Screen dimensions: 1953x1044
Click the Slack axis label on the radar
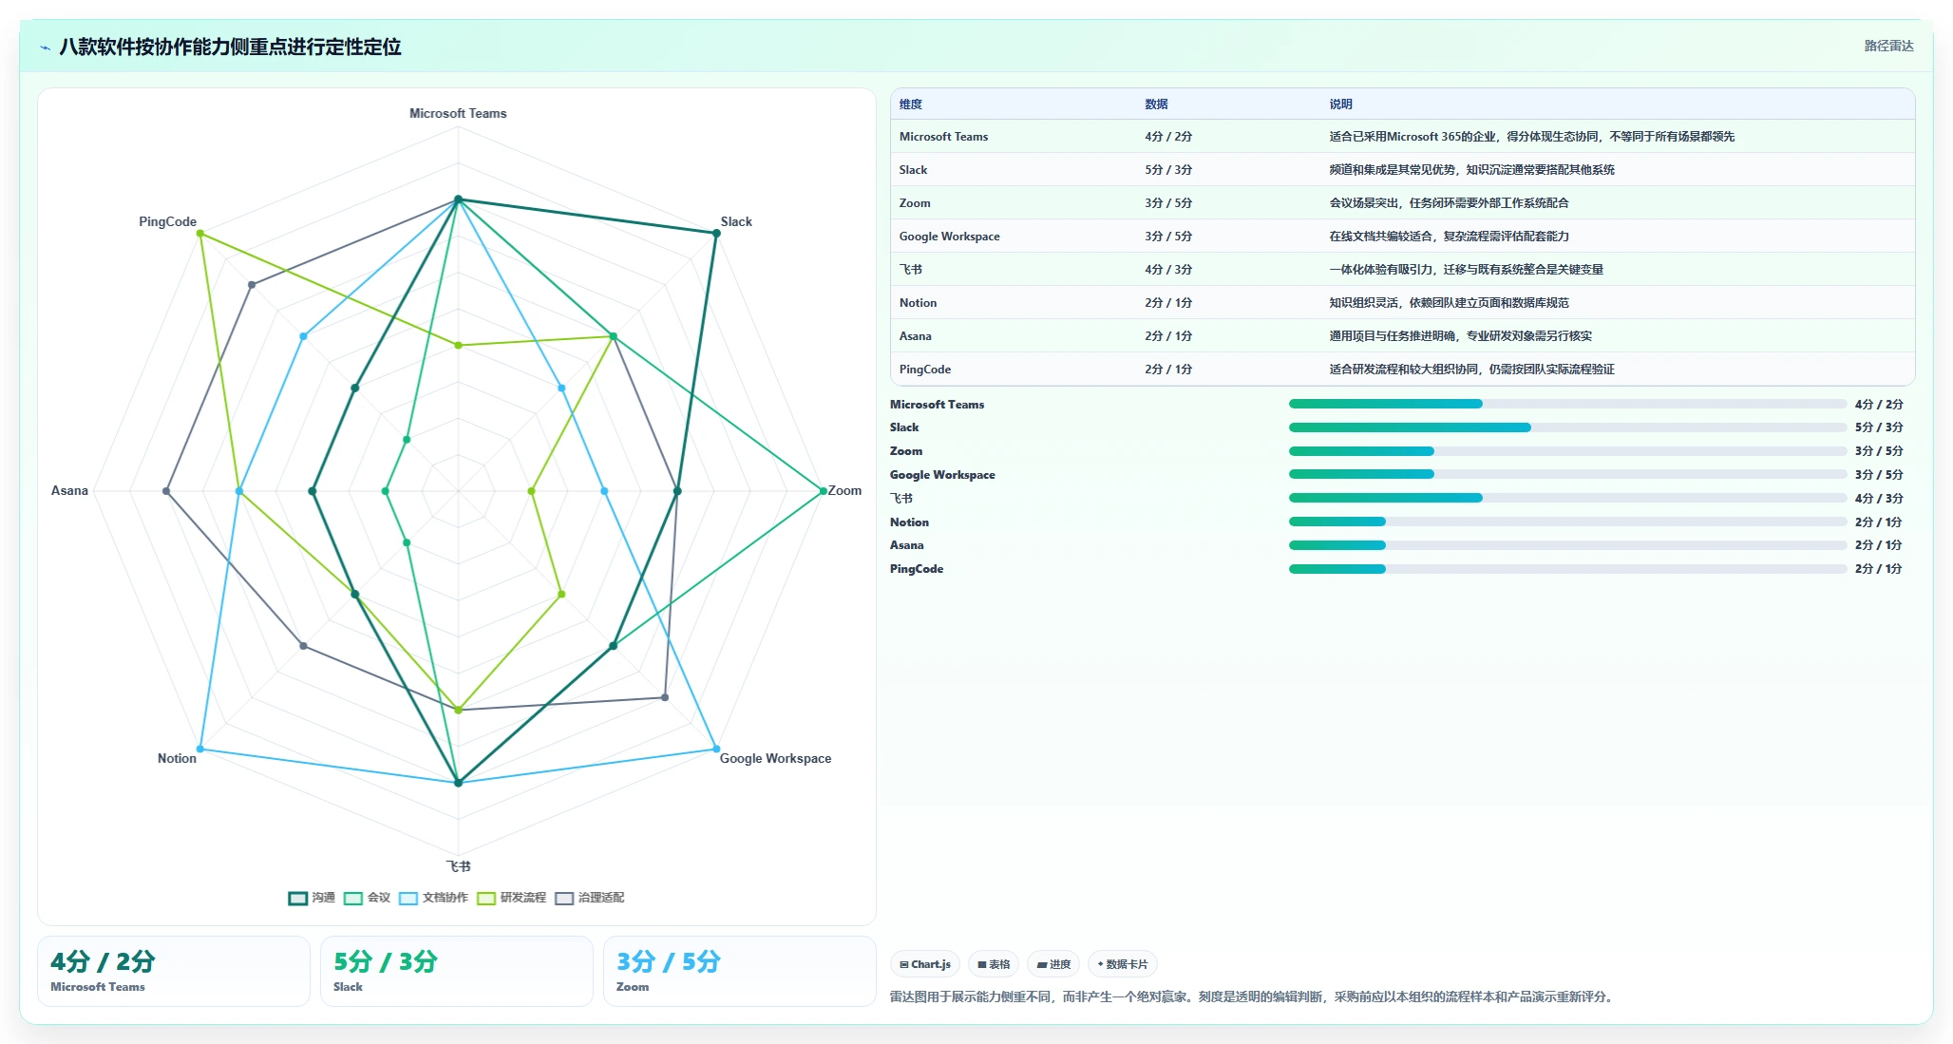point(736,221)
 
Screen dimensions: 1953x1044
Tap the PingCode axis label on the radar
point(167,221)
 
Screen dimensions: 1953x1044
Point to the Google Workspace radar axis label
point(775,758)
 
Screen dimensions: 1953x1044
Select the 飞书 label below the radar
point(459,866)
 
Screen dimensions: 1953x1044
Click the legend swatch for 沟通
point(298,898)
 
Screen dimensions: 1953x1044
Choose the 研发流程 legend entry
point(512,898)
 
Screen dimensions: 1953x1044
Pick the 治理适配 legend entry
point(590,898)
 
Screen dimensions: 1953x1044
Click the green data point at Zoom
point(824,491)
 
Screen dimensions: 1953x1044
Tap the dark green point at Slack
point(716,233)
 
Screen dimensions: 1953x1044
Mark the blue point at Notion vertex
point(200,750)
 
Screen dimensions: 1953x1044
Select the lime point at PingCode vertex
point(200,233)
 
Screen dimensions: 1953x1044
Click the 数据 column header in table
point(1156,104)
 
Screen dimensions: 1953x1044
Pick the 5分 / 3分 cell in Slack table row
point(1168,170)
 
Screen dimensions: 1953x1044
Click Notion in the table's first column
point(918,303)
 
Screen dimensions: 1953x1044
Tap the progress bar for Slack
point(1567,427)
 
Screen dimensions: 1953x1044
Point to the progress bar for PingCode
point(1567,569)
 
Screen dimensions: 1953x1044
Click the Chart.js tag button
point(925,964)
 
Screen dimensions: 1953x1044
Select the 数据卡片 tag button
point(1123,964)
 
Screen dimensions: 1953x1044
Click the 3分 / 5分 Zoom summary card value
point(669,961)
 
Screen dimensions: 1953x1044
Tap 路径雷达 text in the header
point(1888,46)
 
